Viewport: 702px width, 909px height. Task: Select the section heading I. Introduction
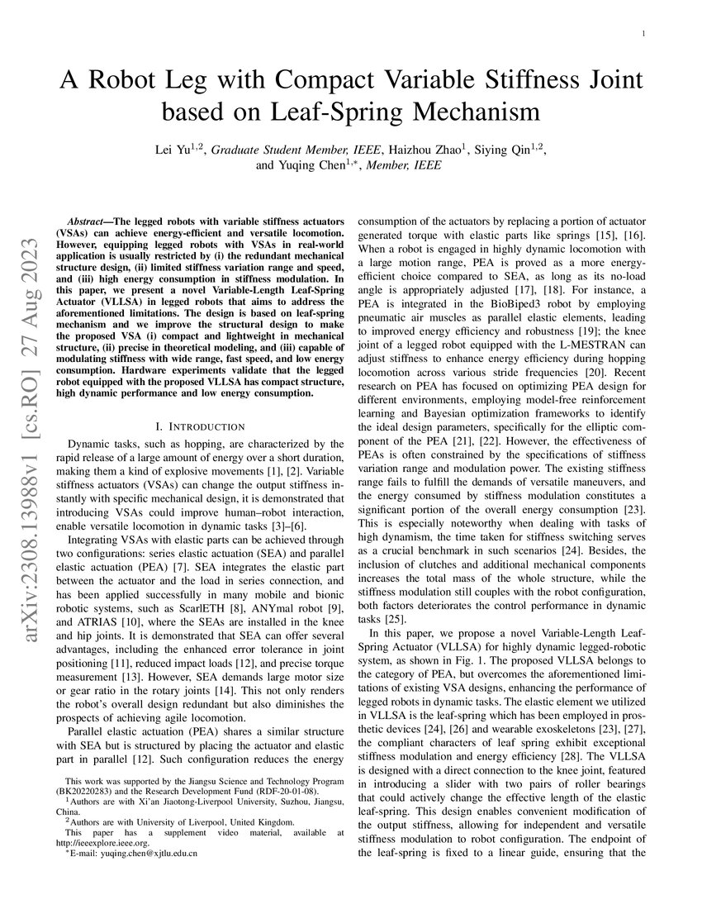pos(200,426)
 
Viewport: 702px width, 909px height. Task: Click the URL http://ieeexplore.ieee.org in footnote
pos(102,843)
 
